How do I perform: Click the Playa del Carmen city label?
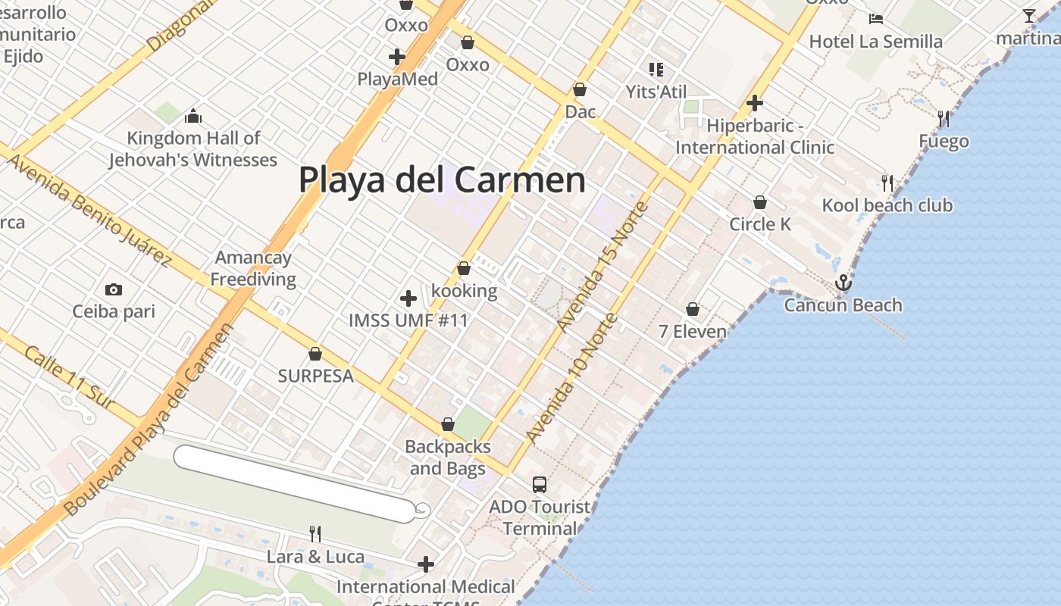[442, 180]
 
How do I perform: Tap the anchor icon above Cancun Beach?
[843, 283]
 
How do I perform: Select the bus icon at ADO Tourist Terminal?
[540, 485]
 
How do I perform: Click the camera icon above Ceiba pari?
[114, 289]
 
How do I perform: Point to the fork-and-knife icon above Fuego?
[944, 119]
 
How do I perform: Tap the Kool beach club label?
[887, 205]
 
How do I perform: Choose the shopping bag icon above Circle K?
[760, 203]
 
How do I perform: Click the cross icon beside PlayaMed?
[396, 57]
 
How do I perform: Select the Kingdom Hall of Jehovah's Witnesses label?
[192, 149]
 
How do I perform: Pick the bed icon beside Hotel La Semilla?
[876, 19]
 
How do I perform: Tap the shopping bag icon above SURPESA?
[315, 355]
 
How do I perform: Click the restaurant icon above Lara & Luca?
[315, 534]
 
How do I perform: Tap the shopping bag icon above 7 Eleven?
[693, 310]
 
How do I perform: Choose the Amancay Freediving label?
[253, 268]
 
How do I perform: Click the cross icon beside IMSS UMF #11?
[408, 298]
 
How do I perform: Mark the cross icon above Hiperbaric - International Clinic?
[754, 103]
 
